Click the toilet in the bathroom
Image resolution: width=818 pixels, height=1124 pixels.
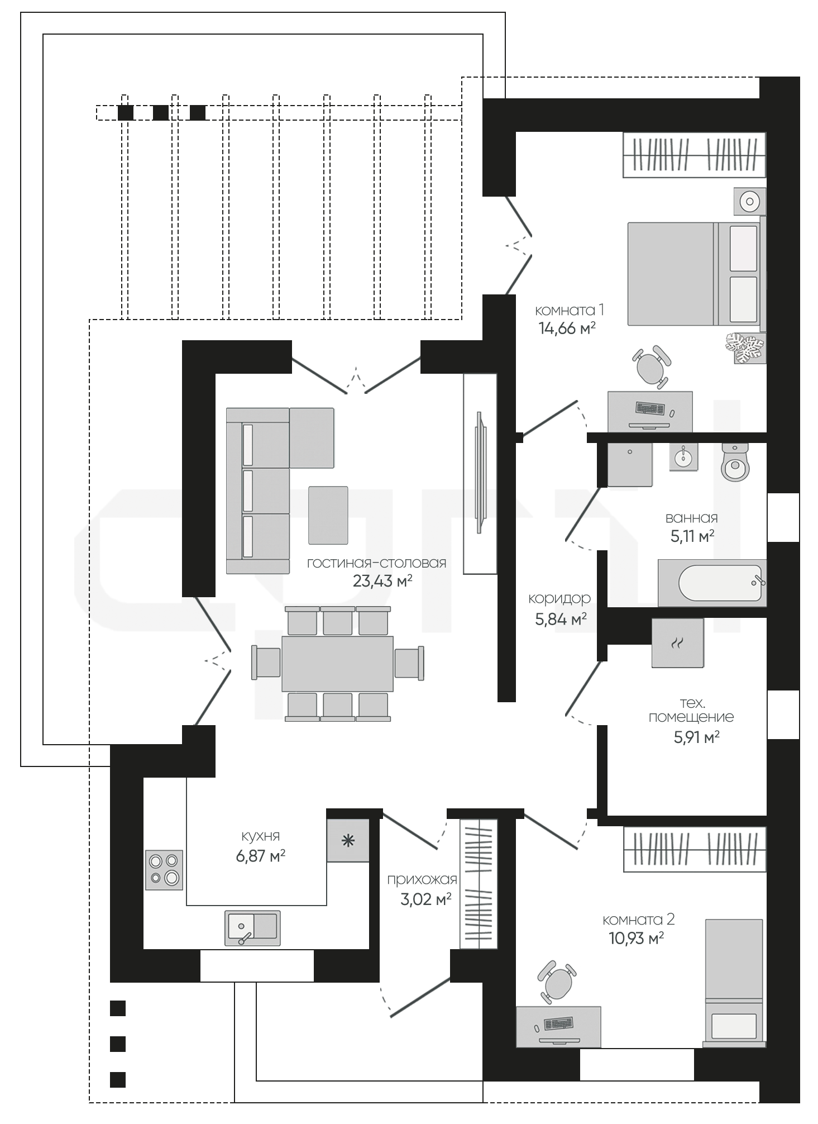click(735, 462)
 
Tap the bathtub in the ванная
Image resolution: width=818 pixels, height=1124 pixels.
click(712, 583)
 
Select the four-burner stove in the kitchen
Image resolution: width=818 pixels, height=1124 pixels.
click(164, 870)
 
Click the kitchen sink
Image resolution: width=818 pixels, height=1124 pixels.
click(252, 928)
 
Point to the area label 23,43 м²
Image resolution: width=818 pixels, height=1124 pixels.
click(382, 581)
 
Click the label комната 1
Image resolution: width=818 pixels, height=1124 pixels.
click(570, 310)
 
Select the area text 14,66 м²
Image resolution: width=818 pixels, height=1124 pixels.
click(567, 328)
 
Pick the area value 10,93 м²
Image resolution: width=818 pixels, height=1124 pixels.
click(636, 938)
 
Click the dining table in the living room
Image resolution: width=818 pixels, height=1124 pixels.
click(337, 664)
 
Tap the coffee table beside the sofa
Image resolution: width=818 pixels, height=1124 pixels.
click(328, 515)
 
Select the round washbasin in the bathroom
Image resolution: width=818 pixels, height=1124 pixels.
click(682, 458)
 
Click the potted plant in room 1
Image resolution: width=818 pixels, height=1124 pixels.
click(745, 349)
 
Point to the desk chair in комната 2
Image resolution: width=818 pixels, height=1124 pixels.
click(557, 982)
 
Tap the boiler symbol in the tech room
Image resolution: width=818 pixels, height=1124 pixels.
click(677, 642)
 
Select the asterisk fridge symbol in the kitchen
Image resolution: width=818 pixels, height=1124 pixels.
click(348, 841)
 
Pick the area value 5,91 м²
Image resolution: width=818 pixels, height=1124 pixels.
click(696, 737)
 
